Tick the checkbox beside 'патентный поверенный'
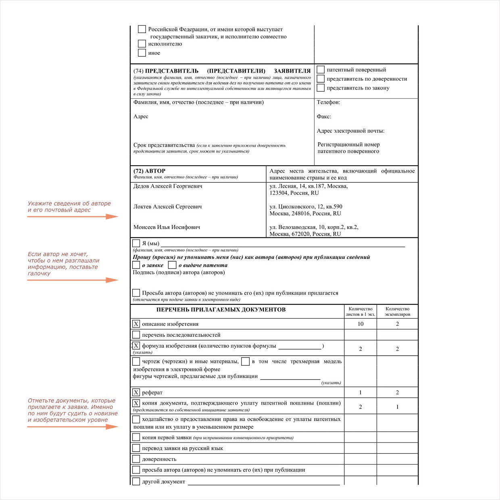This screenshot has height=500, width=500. (321, 69)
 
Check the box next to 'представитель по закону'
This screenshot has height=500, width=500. (321, 87)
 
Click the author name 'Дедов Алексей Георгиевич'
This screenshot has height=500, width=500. (168, 186)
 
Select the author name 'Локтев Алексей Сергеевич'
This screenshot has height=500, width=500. (167, 207)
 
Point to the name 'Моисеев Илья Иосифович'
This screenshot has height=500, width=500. (167, 227)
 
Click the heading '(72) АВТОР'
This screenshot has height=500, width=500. (149, 171)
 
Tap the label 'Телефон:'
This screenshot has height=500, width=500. (328, 102)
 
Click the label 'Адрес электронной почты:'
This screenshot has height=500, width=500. (350, 131)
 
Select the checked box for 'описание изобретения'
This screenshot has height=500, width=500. (136, 324)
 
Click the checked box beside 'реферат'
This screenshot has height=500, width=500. (136, 392)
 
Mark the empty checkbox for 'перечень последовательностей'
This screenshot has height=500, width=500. (136, 335)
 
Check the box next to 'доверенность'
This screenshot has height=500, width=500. (136, 459)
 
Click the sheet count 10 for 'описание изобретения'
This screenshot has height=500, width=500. (360, 324)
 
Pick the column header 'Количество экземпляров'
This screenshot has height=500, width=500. (397, 312)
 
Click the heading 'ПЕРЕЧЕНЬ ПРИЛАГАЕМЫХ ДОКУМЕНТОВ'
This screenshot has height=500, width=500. (221, 310)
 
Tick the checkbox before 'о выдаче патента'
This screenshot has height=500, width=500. (172, 265)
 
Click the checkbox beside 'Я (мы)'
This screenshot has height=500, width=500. (136, 243)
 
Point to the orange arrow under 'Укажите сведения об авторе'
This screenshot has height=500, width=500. (73, 217)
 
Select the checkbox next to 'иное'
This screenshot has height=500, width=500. (142, 53)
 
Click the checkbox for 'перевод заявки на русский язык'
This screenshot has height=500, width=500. (136, 448)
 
